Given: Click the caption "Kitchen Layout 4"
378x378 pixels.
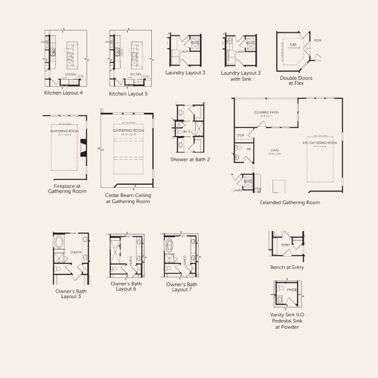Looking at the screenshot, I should pos(64,93).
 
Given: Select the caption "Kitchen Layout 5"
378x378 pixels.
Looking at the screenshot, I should pos(129,93).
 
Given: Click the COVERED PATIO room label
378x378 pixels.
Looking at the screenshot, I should pos(266,113).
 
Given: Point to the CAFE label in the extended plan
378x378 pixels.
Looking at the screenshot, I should pos(275,150).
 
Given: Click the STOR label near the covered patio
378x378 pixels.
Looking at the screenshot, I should pos(239,135).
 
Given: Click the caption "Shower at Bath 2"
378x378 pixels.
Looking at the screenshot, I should pos(190,159).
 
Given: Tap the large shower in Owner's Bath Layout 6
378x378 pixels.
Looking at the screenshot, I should pos(117,251).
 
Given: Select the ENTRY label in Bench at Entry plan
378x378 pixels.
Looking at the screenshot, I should pos(285,244).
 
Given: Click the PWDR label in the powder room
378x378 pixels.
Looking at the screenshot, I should pos(291,290).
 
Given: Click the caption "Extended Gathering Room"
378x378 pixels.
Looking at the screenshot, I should pos(290,202).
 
